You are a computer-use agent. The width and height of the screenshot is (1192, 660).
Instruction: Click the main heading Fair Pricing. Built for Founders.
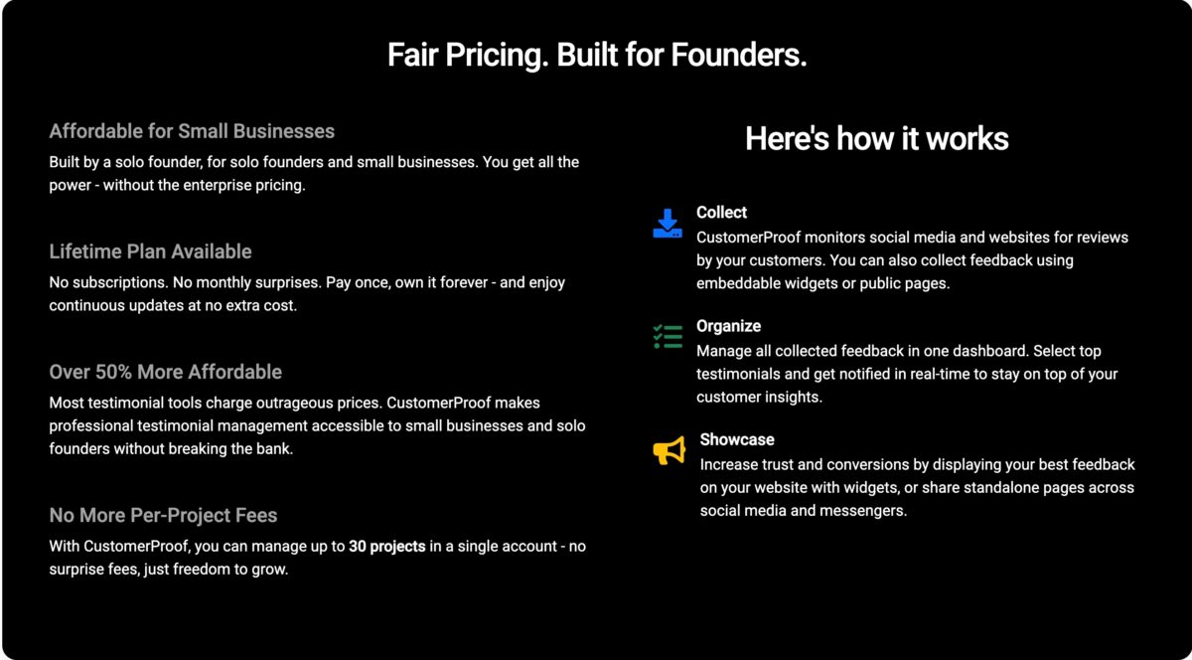click(x=596, y=56)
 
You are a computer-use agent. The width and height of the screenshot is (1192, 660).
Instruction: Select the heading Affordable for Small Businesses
click(x=192, y=131)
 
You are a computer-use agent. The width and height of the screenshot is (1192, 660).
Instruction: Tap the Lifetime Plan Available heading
click(x=150, y=251)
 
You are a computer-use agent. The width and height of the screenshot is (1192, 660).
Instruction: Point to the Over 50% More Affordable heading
click(x=165, y=372)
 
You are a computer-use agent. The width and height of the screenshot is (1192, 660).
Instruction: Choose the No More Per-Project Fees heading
click(x=163, y=515)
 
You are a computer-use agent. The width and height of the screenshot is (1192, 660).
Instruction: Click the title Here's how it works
click(x=876, y=138)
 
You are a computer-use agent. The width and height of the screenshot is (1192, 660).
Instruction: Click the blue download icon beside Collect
click(x=668, y=224)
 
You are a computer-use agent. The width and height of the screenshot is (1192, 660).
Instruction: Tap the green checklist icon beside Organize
click(x=668, y=337)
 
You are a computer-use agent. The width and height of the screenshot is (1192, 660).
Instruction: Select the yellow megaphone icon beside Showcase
click(x=669, y=451)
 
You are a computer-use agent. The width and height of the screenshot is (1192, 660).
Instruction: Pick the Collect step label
click(x=721, y=213)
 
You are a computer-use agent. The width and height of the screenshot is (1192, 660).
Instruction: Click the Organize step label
click(x=728, y=326)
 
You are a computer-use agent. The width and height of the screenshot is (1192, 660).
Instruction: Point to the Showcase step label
click(x=736, y=439)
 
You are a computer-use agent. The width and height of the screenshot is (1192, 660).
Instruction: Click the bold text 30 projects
click(x=387, y=547)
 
